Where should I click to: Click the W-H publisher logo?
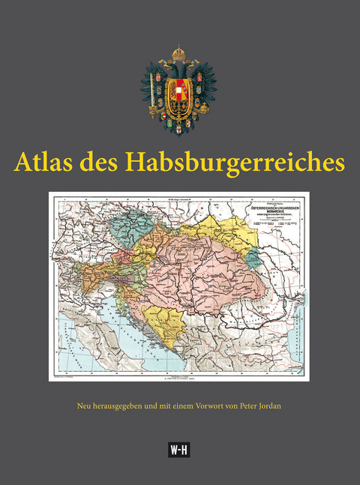click(180, 449)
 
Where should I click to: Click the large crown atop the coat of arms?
click(178, 55)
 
